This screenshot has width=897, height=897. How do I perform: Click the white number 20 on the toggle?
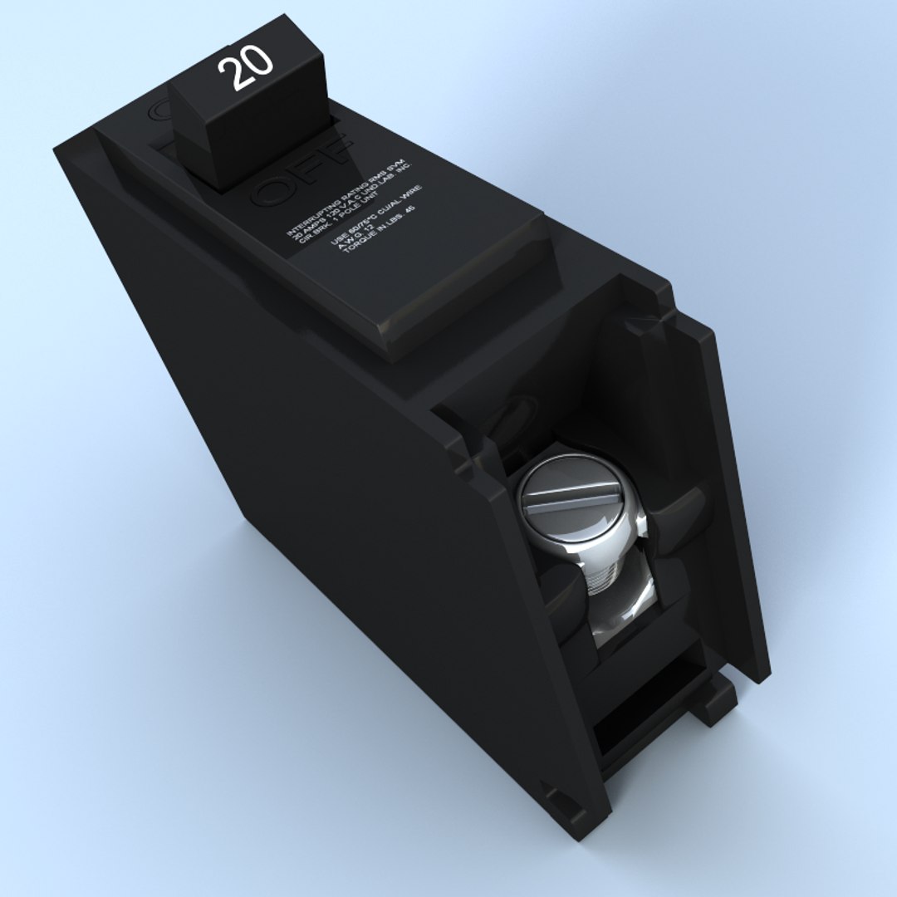click(247, 67)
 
